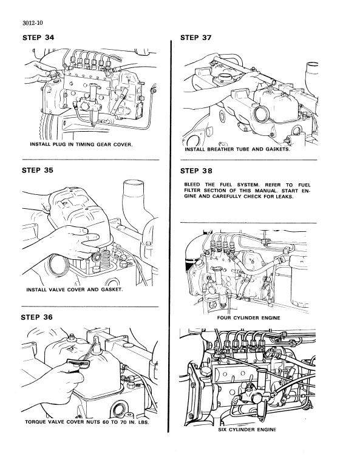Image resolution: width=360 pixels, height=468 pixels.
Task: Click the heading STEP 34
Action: tap(38, 38)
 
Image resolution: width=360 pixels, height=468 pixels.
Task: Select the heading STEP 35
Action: tap(38, 171)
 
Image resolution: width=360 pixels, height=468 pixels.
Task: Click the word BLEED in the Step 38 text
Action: tap(193, 185)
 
